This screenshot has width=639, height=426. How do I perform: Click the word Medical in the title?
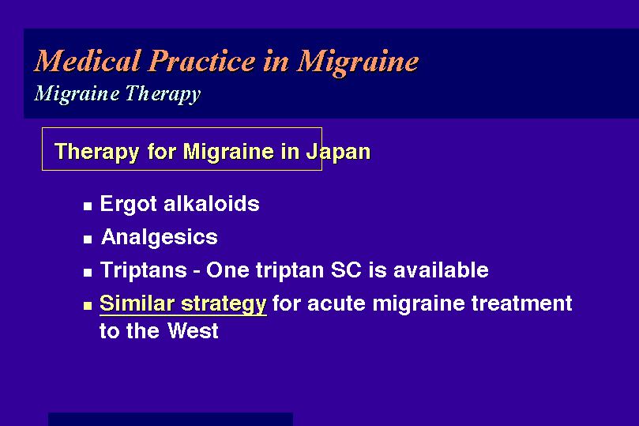point(88,61)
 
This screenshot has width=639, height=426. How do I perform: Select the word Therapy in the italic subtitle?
point(163,94)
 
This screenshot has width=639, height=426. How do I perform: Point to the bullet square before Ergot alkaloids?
point(88,206)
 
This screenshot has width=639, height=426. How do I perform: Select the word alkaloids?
point(212,203)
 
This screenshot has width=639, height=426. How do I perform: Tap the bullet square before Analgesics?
point(88,239)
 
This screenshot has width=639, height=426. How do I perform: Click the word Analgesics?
point(160,237)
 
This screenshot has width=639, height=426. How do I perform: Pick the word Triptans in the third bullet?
point(144,270)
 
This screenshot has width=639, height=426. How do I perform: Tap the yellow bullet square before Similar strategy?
point(88,305)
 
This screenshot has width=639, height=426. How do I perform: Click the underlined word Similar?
point(137,303)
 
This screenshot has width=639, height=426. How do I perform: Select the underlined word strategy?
point(224,304)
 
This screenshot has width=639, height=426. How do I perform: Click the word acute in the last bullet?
point(336,303)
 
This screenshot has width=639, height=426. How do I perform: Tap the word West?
point(193,330)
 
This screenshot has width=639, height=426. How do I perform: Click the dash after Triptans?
point(197,271)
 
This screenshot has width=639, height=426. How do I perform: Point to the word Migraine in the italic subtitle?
point(77,94)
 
